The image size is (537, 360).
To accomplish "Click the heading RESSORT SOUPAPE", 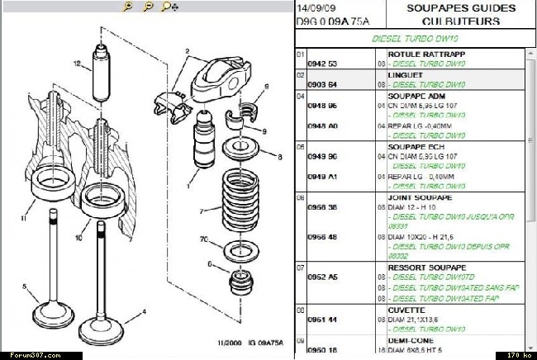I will click(x=421, y=268).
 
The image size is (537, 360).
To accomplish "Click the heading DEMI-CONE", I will click(x=409, y=339).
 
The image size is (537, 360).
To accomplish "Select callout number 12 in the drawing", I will click(x=76, y=64).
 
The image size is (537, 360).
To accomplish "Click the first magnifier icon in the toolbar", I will click(x=127, y=7).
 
